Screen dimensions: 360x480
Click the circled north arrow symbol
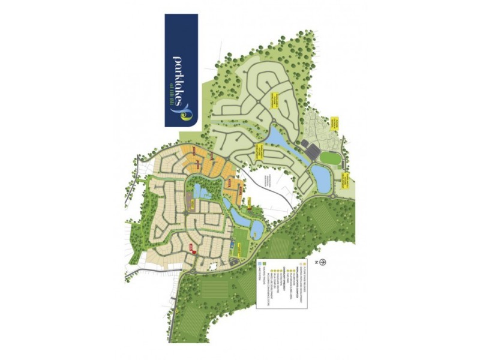tap(323, 262)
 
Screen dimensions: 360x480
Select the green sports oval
tap(329, 158)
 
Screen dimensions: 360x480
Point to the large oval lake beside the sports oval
tap(320, 178)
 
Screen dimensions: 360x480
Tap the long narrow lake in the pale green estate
tap(277, 138)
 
